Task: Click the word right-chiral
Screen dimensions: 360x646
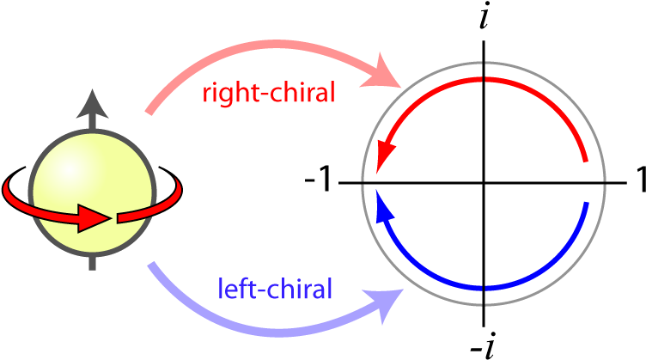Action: [268, 92]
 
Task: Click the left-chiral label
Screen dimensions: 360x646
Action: [275, 289]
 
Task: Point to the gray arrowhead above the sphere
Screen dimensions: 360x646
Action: [93, 103]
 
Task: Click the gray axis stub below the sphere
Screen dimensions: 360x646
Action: [93, 263]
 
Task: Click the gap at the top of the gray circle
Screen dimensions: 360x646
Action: [484, 63]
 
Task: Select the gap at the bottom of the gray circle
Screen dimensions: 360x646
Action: [484, 303]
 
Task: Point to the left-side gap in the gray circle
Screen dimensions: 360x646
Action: [364, 182]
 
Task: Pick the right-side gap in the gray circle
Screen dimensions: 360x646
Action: [605, 182]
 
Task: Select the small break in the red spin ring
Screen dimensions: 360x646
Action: [114, 217]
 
